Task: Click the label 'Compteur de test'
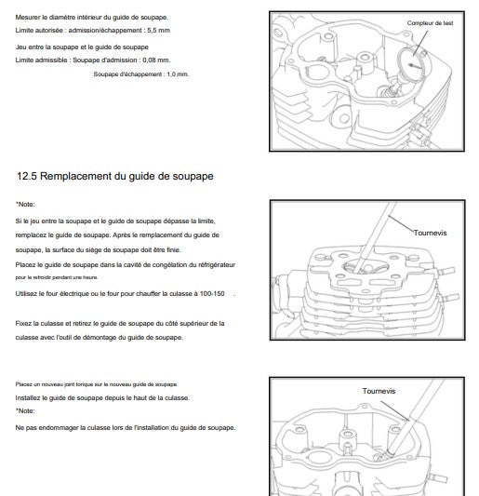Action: tap(430, 23)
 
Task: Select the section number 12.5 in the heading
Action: tap(27, 176)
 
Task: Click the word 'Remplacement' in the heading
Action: tap(76, 177)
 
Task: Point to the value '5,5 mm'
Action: tap(158, 31)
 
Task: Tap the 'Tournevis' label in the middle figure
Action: tap(430, 233)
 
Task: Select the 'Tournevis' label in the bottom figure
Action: tap(379, 391)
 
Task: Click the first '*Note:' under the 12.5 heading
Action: tap(25, 205)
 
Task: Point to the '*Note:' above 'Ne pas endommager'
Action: tap(25, 411)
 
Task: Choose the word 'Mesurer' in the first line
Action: tap(28, 18)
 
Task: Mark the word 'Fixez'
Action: tap(23, 323)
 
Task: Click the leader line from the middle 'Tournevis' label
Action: tap(401, 224)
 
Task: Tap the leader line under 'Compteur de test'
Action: tap(420, 44)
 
